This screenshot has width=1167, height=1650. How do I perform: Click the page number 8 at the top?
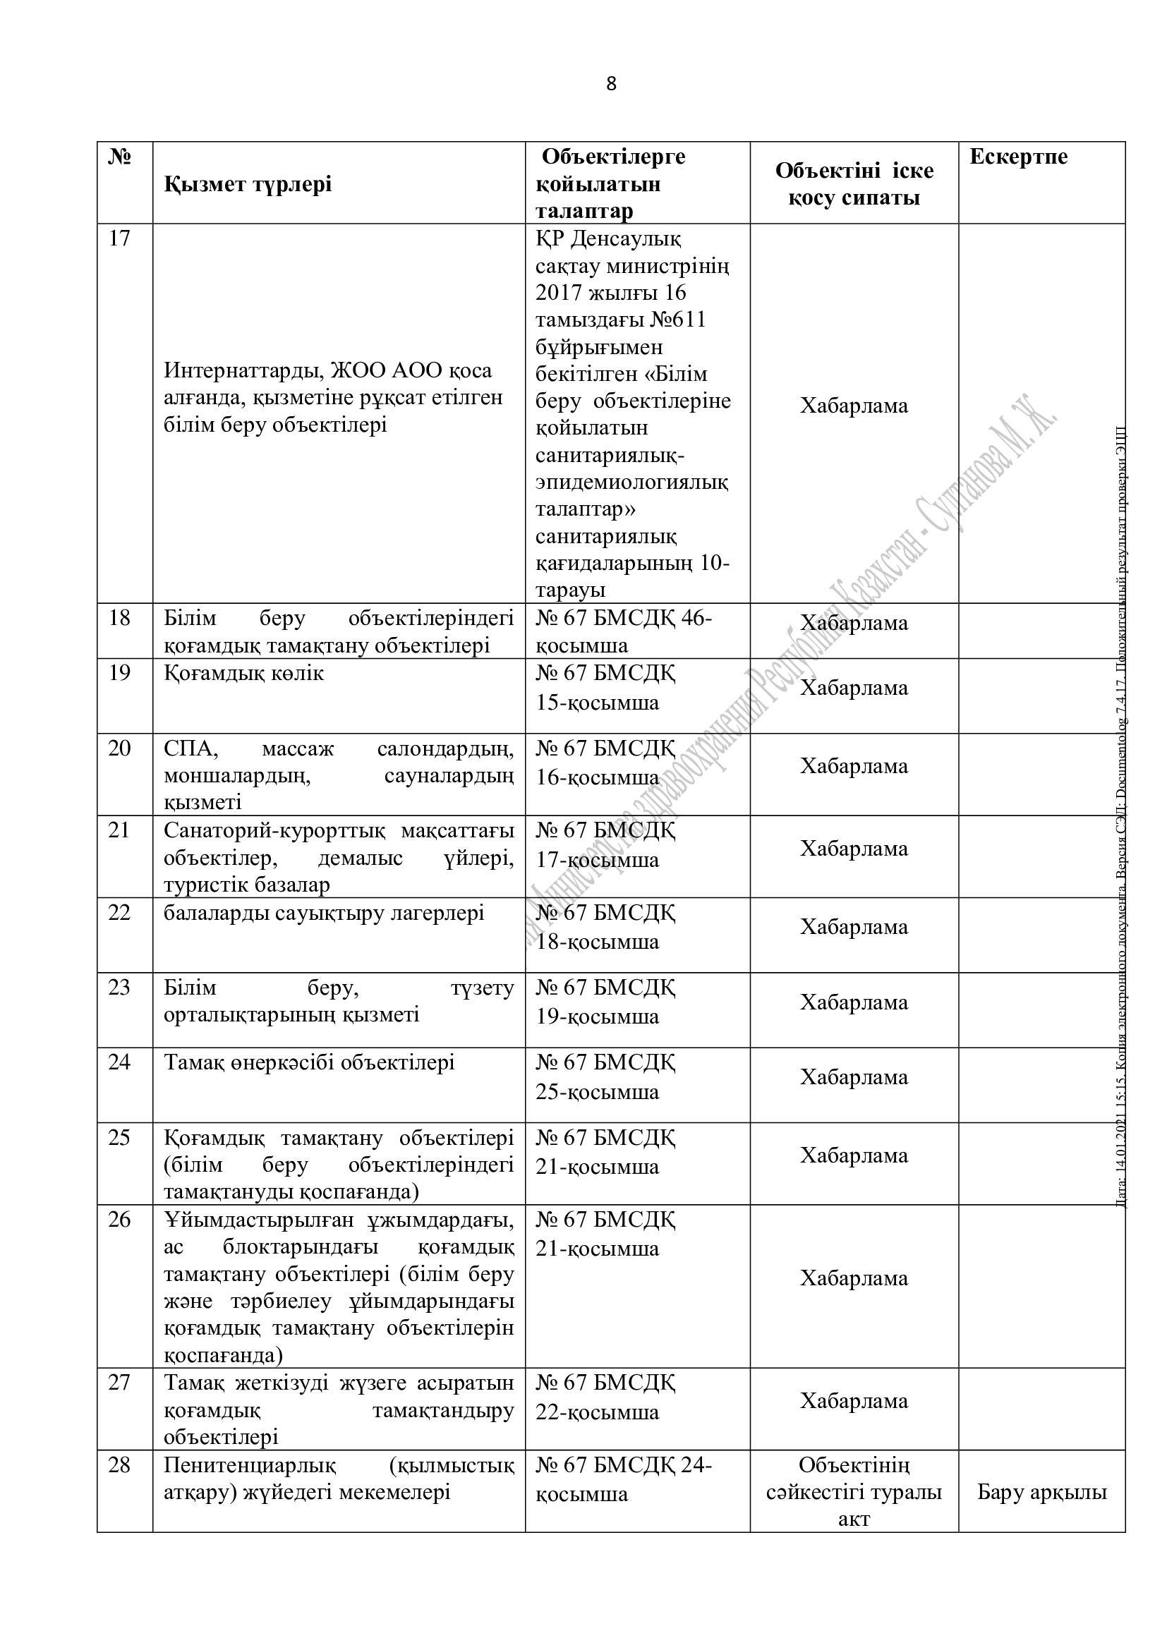point(611,84)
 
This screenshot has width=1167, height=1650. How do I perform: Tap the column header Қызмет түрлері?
point(248,185)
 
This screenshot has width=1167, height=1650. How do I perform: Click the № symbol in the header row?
point(119,157)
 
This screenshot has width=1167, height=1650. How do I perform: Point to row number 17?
point(119,238)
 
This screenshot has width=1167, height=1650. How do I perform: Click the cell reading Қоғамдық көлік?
point(243,674)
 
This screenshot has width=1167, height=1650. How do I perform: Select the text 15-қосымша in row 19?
point(597,702)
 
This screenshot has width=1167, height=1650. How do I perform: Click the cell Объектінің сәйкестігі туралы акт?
point(854,1492)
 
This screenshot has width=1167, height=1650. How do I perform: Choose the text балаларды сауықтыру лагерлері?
point(324,914)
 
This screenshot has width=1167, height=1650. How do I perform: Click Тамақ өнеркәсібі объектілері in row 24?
point(309,1062)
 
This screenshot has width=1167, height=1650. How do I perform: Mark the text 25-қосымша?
point(597,1092)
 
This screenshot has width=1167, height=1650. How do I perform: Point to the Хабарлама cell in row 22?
point(854,927)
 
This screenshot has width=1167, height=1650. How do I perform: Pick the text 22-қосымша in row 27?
point(597,1412)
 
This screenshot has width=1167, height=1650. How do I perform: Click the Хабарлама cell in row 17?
point(854,406)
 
